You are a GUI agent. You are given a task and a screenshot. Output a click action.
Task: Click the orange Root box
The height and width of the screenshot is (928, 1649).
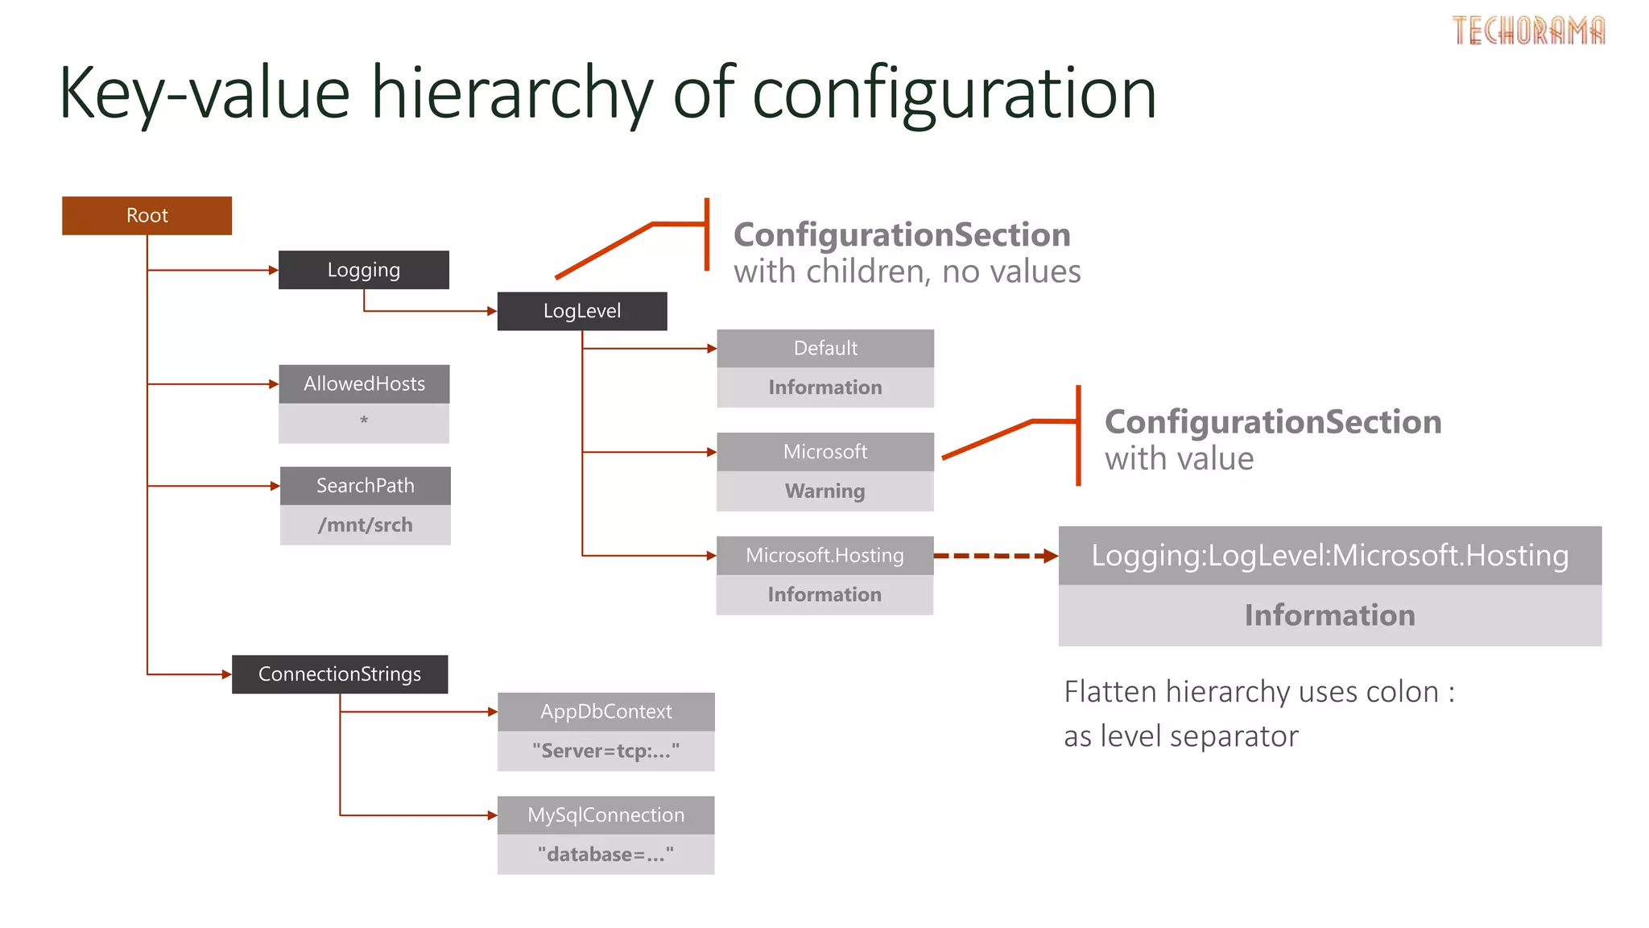point(147,216)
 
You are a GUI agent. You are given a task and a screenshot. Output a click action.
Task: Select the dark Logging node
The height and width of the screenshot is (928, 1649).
point(363,270)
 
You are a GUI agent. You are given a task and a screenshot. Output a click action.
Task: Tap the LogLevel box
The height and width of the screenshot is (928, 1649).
point(581,311)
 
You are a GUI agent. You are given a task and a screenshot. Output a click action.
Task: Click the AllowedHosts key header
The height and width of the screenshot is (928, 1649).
point(364,384)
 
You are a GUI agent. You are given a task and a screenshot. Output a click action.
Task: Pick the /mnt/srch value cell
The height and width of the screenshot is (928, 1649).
point(365,525)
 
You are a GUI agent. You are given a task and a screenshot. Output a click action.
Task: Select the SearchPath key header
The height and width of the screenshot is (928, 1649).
point(365,486)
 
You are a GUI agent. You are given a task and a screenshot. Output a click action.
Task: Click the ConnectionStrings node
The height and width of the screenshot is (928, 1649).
point(339,674)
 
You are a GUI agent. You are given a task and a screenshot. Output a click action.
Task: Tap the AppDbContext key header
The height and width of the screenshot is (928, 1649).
point(605,712)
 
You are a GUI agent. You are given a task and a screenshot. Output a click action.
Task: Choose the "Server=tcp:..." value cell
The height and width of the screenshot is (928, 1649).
point(605,752)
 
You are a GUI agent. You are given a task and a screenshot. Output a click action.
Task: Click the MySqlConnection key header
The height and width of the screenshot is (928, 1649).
point(605,815)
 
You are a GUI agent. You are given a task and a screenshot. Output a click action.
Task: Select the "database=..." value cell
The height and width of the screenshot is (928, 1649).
point(605,855)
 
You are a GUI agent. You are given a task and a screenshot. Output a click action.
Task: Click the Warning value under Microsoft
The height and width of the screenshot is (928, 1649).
point(824,491)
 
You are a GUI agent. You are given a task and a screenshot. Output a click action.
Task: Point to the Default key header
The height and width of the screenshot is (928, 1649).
point(824,349)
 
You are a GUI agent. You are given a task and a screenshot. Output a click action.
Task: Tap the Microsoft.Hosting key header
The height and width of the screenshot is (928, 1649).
point(824,556)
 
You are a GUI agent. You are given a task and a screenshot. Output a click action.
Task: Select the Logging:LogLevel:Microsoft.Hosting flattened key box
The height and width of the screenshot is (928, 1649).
point(1329,556)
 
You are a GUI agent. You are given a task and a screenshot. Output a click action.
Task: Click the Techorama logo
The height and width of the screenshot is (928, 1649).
point(1528,31)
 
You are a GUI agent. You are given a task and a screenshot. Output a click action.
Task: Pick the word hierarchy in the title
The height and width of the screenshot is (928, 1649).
point(511,93)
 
